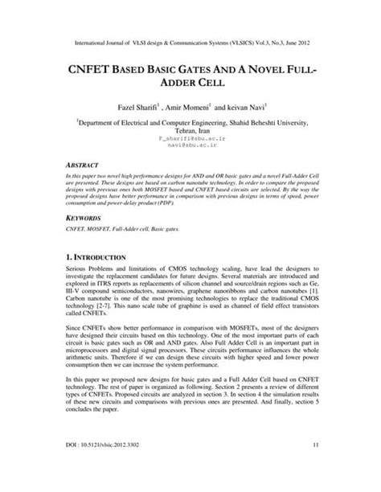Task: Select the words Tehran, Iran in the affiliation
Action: point(190,130)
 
